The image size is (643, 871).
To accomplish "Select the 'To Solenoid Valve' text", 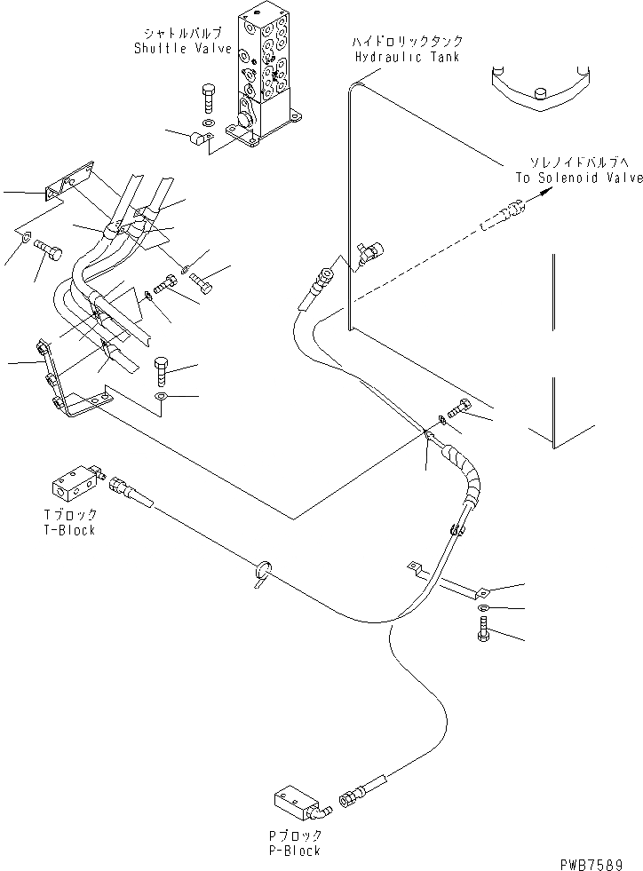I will pyautogui.click(x=579, y=178).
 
